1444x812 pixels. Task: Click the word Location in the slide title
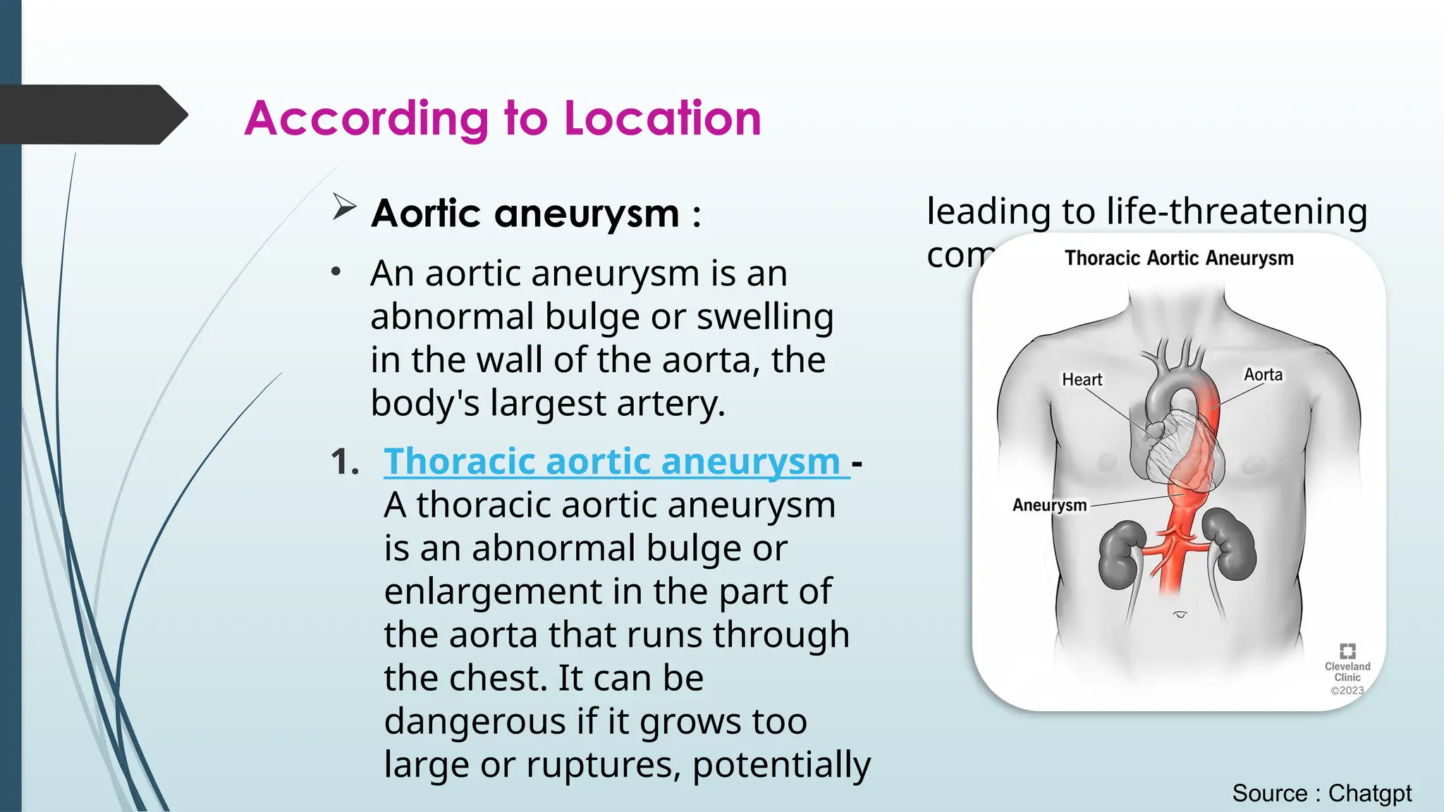point(663,118)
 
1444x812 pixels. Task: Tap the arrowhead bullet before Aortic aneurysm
point(344,207)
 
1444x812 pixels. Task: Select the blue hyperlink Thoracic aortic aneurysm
point(612,462)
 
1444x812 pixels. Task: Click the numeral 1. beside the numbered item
point(345,462)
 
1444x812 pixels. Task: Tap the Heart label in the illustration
point(1082,380)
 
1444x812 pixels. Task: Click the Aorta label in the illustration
point(1263,375)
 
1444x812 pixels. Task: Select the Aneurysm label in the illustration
point(1049,505)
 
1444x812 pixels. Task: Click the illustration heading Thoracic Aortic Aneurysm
point(1179,258)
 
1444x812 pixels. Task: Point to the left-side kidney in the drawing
point(1120,555)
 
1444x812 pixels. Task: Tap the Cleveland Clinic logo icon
point(1347,651)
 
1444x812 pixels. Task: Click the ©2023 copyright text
point(1347,691)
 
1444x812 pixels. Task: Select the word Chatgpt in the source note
point(1370,794)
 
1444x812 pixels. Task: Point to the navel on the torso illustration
point(1180,615)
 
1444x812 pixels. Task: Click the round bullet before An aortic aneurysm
point(336,272)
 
